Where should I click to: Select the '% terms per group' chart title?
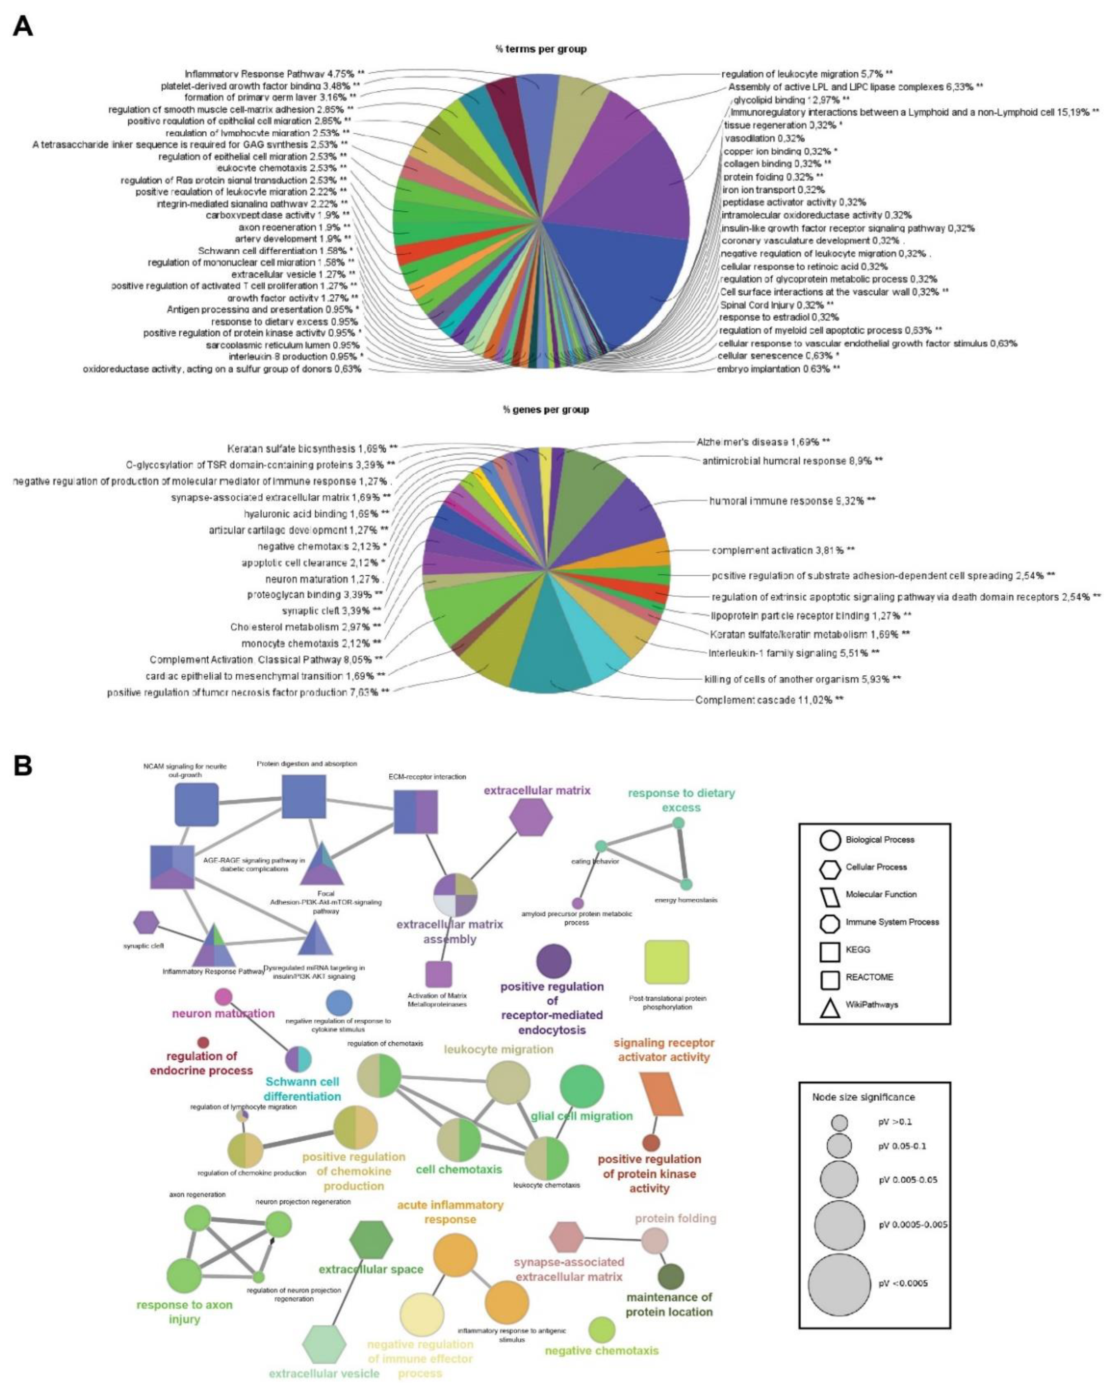[541, 49]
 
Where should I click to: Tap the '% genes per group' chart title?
[545, 409]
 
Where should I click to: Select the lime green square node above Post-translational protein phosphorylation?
[667, 962]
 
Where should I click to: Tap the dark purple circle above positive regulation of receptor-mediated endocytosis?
[553, 961]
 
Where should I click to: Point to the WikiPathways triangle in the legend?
[830, 1005]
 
